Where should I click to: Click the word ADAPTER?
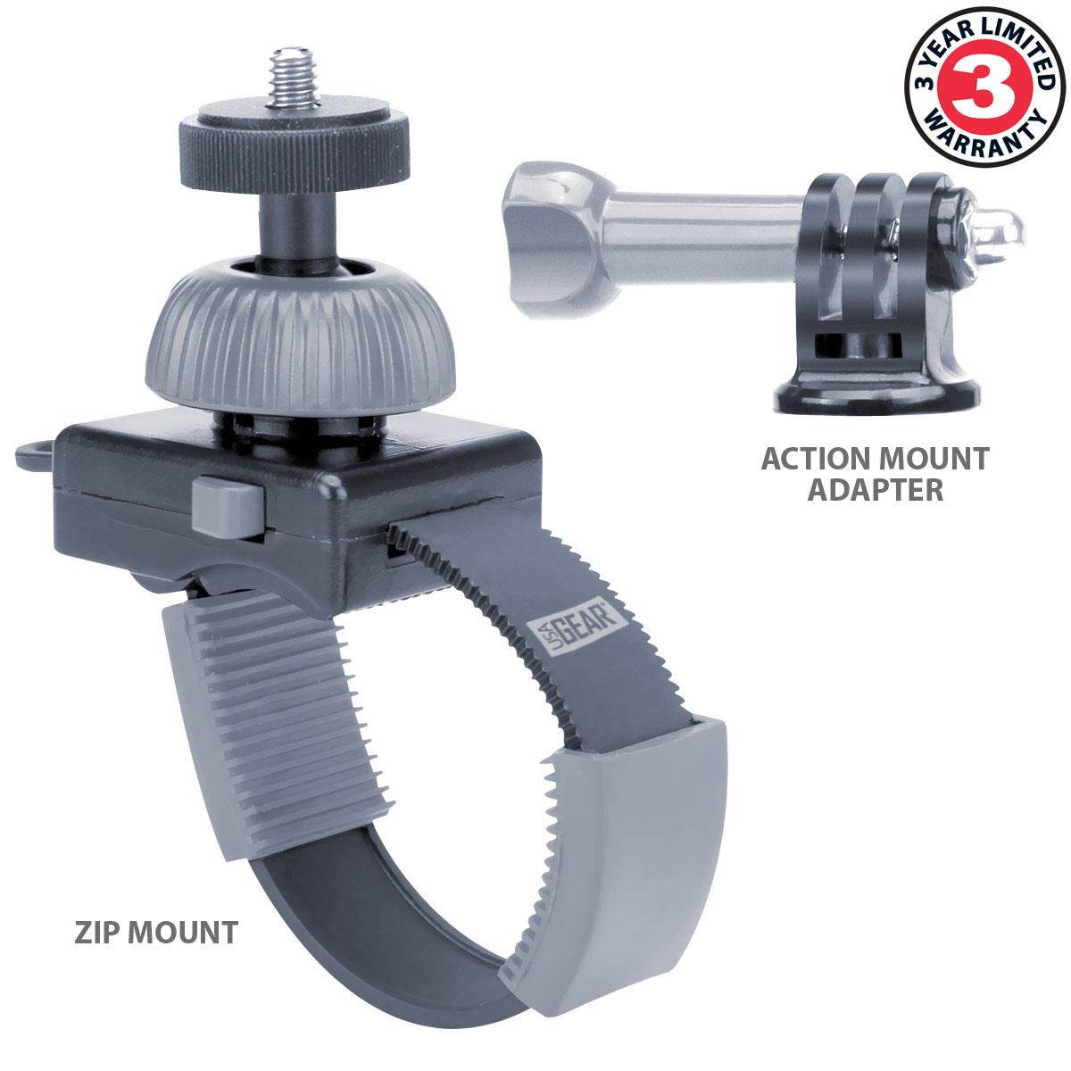tap(876, 489)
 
